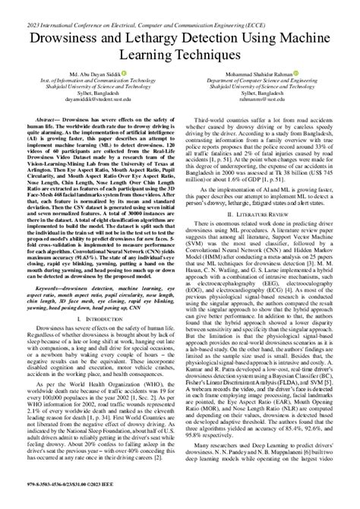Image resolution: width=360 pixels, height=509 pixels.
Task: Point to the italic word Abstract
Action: pyautogui.click(x=44, y=119)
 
